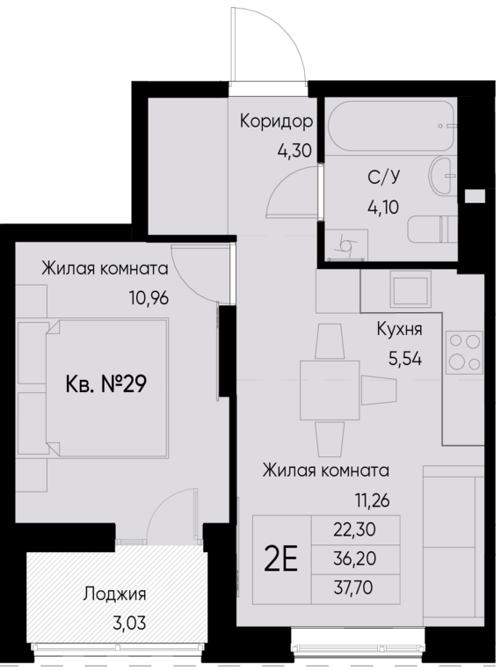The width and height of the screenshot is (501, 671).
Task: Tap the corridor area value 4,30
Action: point(294,150)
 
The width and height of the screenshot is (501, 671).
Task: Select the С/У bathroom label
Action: point(380,179)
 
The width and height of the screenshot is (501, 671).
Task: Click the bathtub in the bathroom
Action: point(390,130)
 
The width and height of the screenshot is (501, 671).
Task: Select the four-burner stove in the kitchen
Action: point(465,351)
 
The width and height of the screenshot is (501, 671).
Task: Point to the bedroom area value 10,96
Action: point(148,296)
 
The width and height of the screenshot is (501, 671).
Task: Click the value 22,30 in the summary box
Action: point(355,530)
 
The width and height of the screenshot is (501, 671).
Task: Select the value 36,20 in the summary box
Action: point(355,558)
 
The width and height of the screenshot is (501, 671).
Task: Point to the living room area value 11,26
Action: point(370,502)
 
